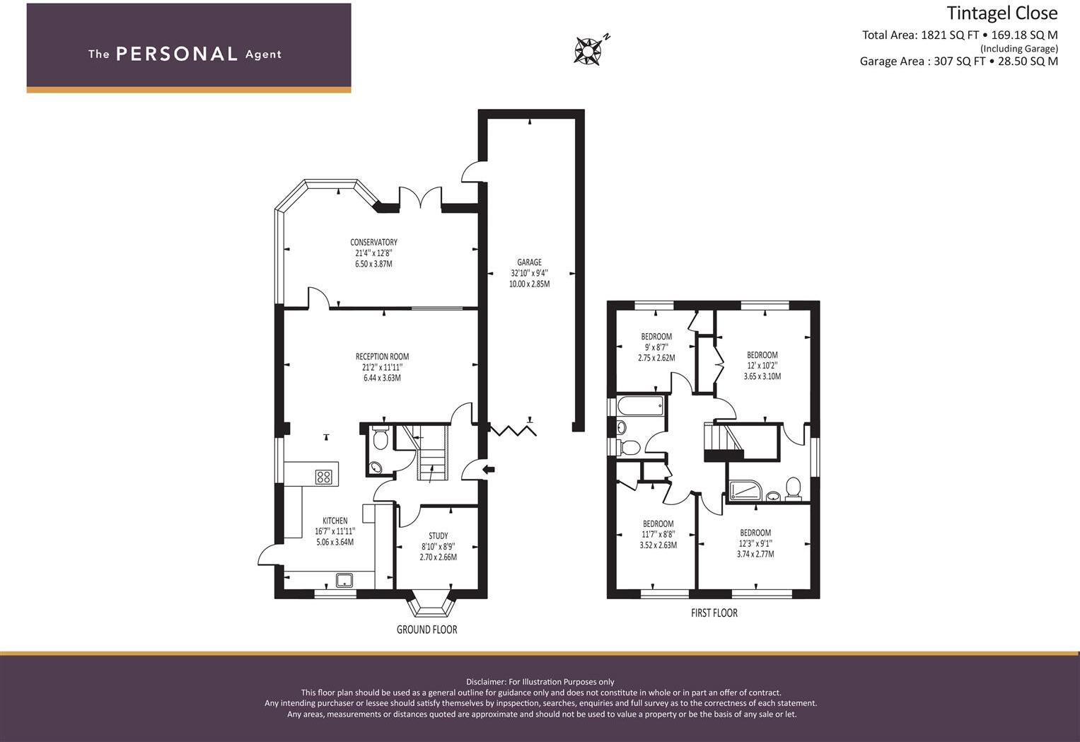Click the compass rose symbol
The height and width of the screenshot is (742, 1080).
point(588,51)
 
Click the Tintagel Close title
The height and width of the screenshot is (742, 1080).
point(1001,13)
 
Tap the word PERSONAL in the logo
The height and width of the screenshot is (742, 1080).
point(176,54)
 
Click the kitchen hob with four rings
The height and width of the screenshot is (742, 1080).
point(324,477)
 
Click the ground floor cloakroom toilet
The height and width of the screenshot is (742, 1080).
point(381,439)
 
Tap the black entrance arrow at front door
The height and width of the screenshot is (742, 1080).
point(488,469)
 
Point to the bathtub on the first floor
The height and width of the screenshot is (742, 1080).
point(640,406)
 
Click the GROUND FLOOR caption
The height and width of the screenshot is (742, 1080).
point(426,630)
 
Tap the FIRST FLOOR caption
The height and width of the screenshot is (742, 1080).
point(714,613)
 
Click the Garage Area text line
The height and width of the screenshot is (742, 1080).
point(958,62)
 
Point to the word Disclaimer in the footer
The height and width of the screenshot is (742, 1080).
point(485,682)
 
